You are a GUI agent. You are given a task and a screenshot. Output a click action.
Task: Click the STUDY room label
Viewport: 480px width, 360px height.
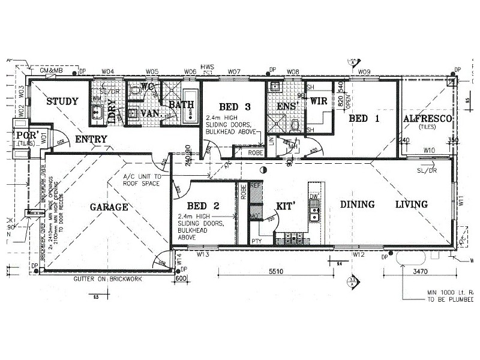pos(62,101)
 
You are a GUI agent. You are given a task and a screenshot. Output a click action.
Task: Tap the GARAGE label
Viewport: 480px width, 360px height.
pos(109,207)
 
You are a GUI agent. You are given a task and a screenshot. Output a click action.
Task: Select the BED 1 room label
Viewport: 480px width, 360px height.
pos(364,119)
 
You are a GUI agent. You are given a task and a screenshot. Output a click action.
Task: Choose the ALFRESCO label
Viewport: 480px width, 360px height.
pos(427,119)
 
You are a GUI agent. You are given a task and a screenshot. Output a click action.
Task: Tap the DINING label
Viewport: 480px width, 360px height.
pos(358,205)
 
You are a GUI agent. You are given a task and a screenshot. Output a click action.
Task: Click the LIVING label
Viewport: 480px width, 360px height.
pos(411,205)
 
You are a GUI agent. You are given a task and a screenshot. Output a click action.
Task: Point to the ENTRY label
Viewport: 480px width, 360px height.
pos(91,139)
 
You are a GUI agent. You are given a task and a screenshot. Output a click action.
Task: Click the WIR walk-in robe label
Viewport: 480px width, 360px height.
pos(318,101)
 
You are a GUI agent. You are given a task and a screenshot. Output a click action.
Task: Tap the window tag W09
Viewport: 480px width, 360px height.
pos(364,72)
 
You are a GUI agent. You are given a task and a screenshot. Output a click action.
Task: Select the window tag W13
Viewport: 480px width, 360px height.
pos(202,254)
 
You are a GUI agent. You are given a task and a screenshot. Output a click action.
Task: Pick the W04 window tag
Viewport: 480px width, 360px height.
pos(108,72)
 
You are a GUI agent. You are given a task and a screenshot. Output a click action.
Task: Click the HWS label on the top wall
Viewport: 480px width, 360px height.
pos(208,67)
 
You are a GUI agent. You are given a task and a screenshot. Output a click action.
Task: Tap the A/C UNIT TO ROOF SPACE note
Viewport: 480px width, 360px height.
pos(142,180)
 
